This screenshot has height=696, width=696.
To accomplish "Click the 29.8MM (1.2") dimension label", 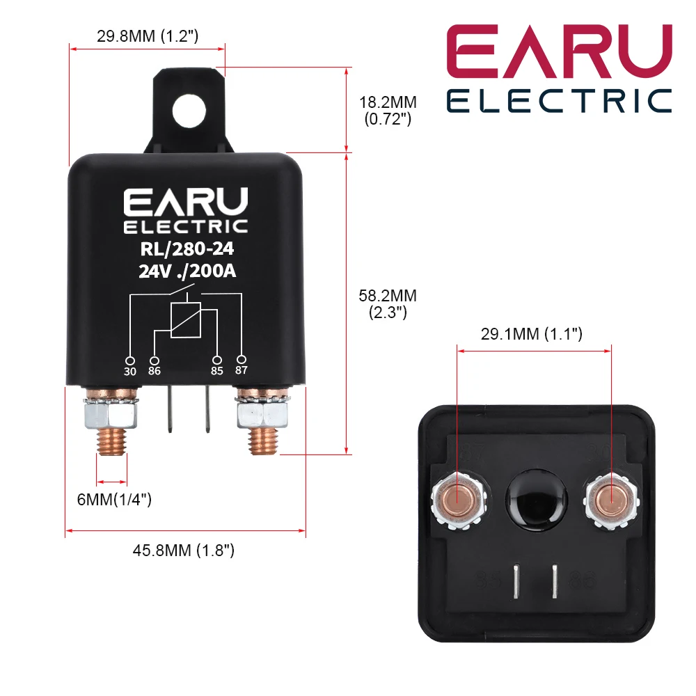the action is click(148, 37).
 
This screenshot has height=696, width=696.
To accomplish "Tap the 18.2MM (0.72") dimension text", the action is click(388, 110).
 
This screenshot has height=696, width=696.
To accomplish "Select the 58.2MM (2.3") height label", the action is click(388, 304).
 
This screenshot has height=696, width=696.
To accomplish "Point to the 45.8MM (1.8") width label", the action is click(184, 551).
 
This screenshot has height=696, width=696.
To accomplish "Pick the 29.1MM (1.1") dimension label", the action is click(532, 335).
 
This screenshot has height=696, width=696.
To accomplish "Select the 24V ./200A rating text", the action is click(187, 272).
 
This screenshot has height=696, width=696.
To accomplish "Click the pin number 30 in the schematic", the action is click(130, 371).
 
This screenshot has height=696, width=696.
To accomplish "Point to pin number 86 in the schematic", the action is click(155, 371).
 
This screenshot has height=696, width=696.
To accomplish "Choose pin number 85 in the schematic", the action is click(217, 371).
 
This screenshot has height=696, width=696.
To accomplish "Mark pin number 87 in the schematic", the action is click(242, 370).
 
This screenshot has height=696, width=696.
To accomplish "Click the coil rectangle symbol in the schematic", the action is click(186, 320).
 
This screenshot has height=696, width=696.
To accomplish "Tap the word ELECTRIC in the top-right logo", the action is click(559, 100).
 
